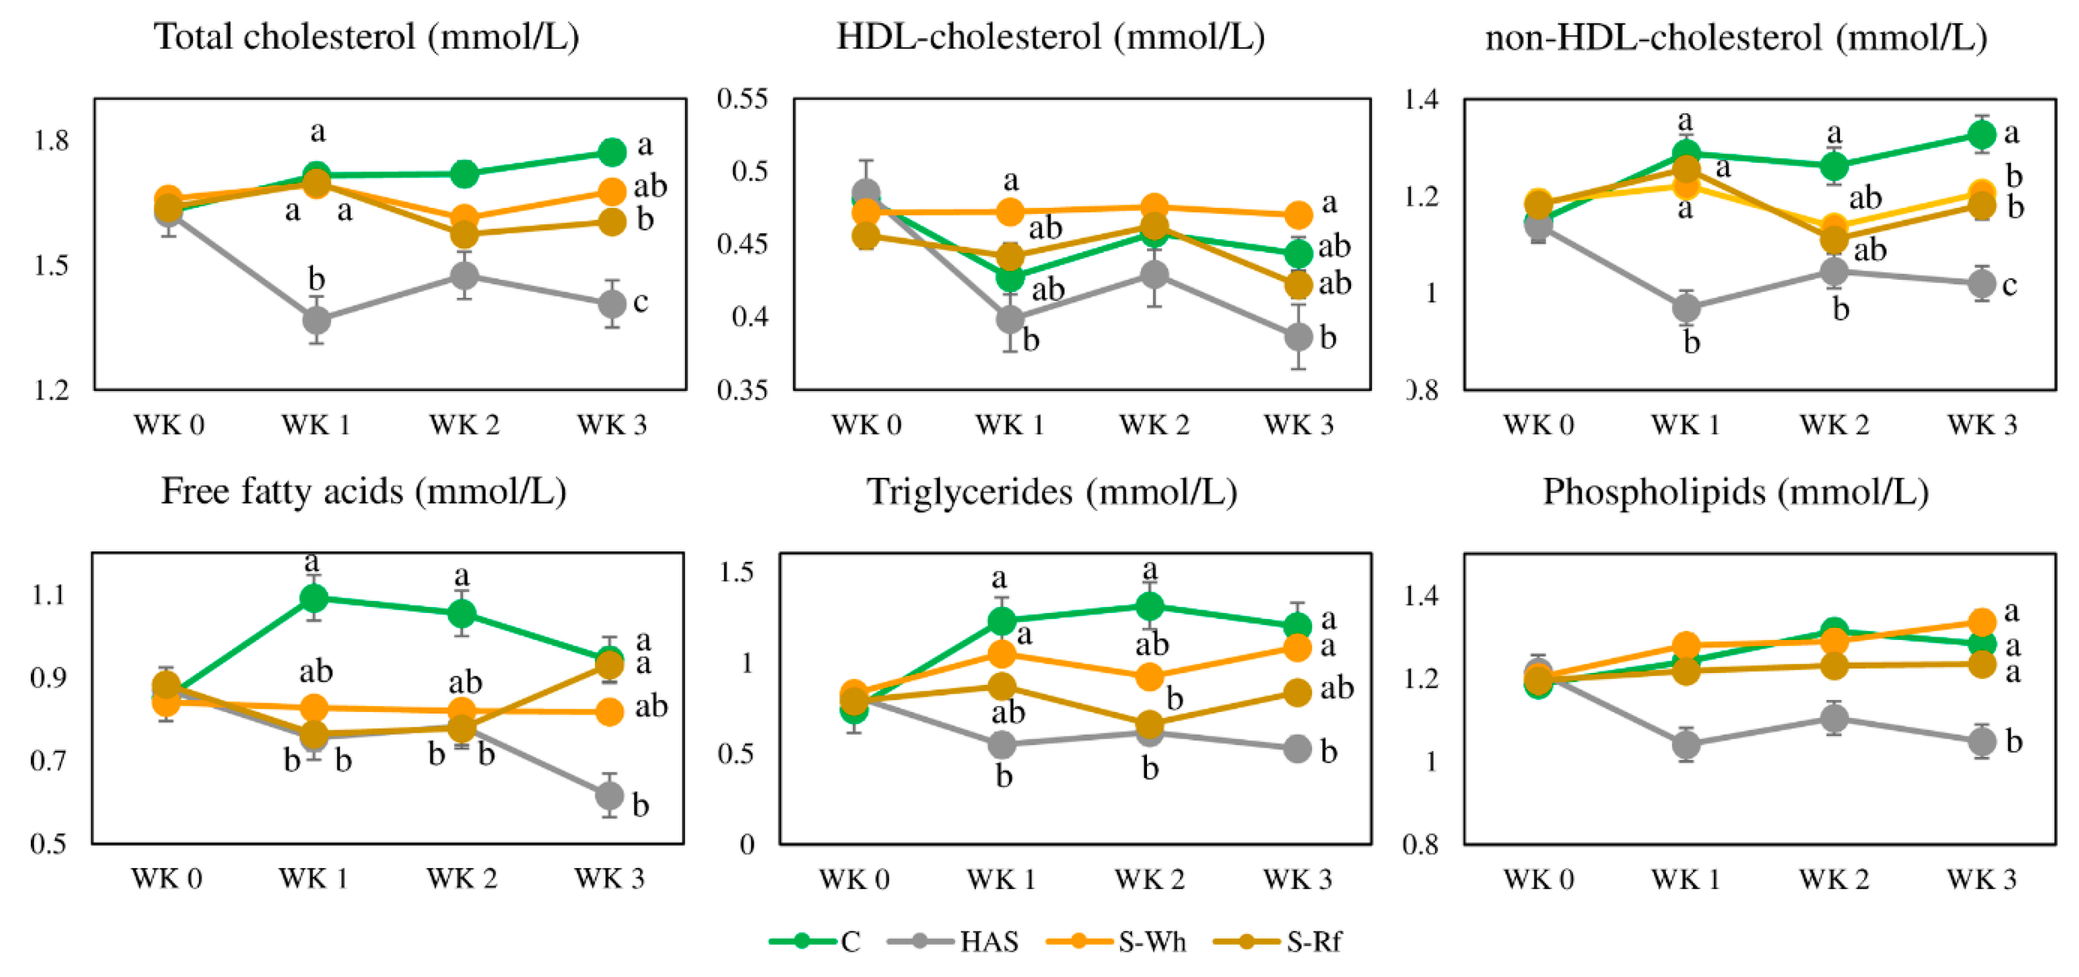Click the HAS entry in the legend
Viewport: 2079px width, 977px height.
pos(954,941)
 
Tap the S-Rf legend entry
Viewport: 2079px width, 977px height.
pos(1279,941)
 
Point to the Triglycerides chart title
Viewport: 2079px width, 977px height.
pos(1052,492)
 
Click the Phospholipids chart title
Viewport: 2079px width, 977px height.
pos(1735,492)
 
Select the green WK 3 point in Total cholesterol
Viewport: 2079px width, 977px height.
pos(612,151)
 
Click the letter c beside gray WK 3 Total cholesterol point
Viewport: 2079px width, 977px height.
pos(640,302)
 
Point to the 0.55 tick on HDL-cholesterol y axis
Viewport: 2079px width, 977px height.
pos(742,98)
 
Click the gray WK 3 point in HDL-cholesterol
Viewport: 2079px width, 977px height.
pos(1298,336)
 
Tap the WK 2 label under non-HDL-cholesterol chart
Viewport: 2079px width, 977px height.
pos(1834,425)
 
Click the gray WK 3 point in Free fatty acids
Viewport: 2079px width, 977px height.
pos(609,796)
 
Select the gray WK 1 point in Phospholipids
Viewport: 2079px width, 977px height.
pos(1686,744)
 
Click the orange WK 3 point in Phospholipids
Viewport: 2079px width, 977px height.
pos(1982,622)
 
